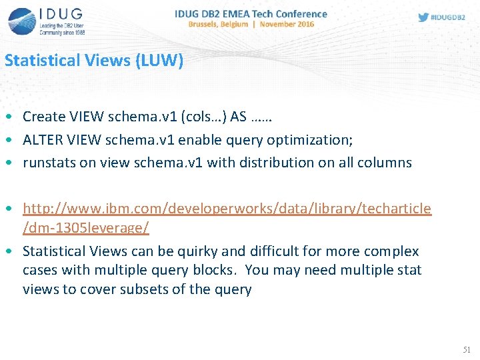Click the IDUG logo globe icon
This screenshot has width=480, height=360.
22,20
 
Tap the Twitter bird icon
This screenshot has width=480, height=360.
423,17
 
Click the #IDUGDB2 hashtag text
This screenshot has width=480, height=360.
448,17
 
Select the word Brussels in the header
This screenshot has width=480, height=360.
207,24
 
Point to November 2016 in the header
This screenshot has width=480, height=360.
287,24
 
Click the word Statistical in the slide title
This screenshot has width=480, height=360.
42,61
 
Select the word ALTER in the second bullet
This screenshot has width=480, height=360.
41,139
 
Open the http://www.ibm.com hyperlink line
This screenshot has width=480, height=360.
227,209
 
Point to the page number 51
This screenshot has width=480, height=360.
466,349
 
